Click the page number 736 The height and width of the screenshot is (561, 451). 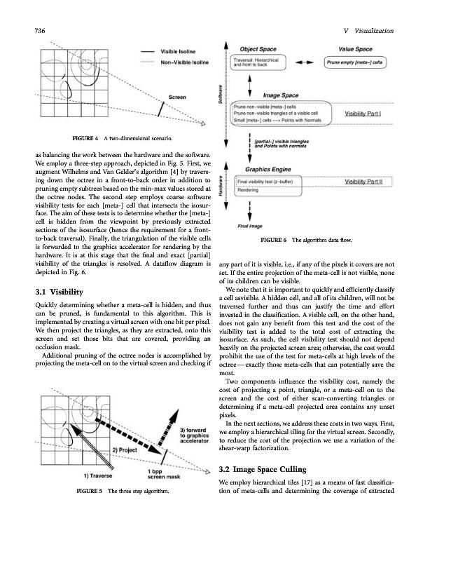point(30,29)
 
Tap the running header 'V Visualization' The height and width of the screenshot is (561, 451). point(370,29)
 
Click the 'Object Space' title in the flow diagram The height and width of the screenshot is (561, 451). point(258,50)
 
